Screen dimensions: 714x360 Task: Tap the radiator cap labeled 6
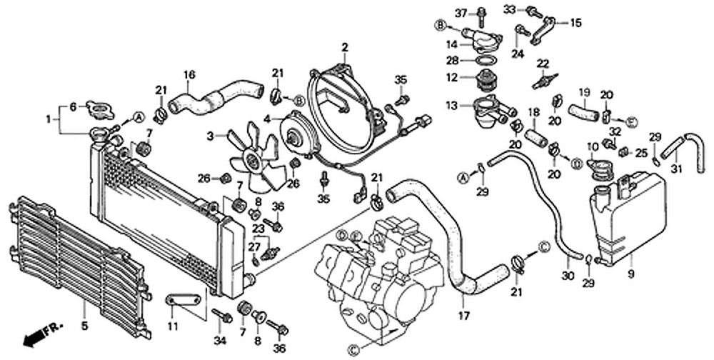click(x=100, y=109)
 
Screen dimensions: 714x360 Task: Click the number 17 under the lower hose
click(x=464, y=315)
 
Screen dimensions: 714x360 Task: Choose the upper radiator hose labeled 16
click(x=216, y=98)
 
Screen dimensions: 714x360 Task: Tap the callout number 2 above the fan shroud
click(x=345, y=47)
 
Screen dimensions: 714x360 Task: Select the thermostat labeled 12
click(x=485, y=82)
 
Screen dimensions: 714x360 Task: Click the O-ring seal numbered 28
click(x=486, y=61)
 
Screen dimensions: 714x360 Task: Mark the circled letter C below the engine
click(x=353, y=350)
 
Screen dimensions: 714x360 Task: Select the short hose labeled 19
click(x=583, y=113)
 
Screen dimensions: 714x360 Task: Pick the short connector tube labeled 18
click(x=536, y=138)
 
